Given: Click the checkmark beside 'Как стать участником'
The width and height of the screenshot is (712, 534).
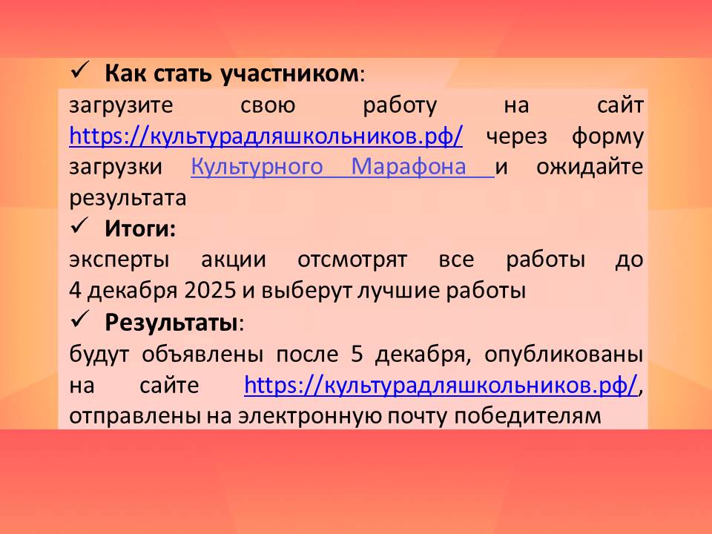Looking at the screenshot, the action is point(80,72).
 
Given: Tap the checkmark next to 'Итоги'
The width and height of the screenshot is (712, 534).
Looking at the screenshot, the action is point(80,226).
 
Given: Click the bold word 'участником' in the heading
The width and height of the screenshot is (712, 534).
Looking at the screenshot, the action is point(290,73).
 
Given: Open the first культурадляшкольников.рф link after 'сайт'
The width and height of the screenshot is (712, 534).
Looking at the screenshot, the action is point(266,136).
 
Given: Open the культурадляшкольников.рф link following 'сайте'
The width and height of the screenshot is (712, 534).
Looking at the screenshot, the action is point(441,385).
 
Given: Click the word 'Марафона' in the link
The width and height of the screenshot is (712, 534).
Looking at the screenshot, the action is point(409,166).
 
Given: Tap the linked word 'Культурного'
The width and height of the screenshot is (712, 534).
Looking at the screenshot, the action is point(257,167).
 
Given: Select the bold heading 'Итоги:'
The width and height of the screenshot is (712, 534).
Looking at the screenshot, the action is point(140,228).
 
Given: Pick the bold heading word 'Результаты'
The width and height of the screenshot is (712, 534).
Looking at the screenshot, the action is point(171,323).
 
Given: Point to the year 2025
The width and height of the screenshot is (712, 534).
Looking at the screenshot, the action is point(210,291).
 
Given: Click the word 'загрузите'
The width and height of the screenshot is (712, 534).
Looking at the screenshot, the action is point(121,106).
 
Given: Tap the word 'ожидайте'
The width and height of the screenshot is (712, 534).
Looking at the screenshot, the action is point(590,167).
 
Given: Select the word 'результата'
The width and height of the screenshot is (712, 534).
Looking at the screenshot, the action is point(128,199).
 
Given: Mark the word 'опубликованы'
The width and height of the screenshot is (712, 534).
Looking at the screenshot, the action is point(564,355).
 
